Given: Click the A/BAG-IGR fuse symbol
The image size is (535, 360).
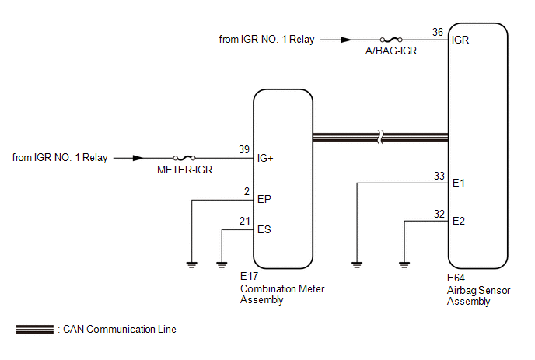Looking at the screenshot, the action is [391, 40].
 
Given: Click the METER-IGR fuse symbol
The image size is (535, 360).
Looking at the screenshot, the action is [184, 158].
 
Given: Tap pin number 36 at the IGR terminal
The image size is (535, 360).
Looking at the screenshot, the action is [438, 32].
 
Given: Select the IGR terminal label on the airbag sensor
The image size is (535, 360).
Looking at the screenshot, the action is [460, 40].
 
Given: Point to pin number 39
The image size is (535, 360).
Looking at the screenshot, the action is [244, 149].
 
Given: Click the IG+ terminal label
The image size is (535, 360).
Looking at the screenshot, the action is [265, 158].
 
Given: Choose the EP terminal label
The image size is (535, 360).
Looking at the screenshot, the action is [264, 199].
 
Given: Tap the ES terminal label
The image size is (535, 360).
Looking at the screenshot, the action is [264, 229].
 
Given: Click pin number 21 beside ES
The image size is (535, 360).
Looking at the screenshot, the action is [245, 221].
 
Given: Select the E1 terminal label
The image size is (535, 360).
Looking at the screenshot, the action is [459, 183].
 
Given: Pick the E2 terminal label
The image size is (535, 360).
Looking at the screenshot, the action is [459, 221].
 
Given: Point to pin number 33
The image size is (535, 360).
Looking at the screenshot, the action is [439, 176].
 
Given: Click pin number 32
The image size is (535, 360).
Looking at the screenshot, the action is [439, 214].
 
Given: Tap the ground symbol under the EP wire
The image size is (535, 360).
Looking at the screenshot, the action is [192, 265].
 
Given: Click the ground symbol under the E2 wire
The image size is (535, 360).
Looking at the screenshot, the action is [404, 265].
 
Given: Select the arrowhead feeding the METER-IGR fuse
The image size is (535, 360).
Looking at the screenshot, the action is [138, 158].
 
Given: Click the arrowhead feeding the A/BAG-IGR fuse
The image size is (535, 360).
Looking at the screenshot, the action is [346, 40].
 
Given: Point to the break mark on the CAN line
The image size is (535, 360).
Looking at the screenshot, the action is [380, 137].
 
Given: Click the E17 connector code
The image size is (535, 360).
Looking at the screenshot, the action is [249, 276].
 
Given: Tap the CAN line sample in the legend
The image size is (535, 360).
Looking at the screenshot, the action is [35, 330].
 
